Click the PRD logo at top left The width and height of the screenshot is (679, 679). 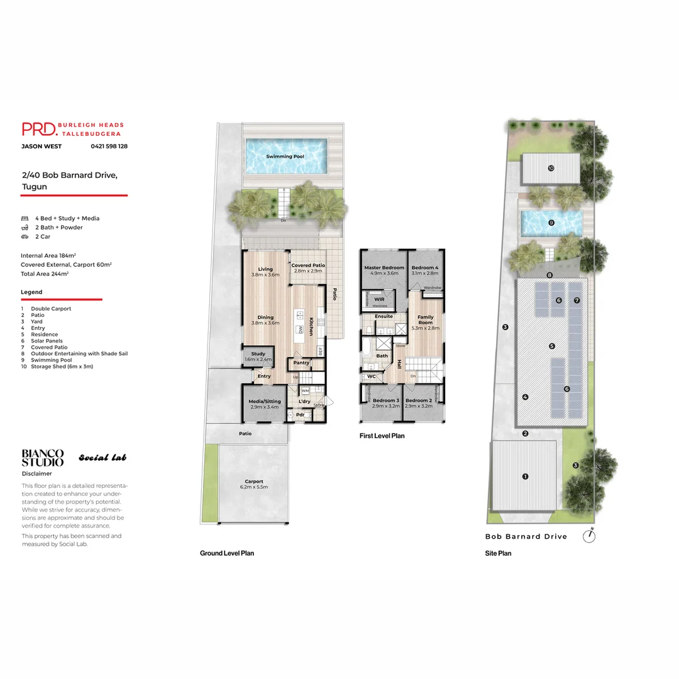pos(39,129)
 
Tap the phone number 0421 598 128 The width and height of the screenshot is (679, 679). pos(109,146)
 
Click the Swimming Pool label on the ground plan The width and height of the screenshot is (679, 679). pos(285,156)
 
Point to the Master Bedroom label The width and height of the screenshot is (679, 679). pos(384,268)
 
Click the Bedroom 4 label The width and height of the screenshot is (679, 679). pos(425,268)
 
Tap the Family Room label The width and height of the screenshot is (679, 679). pos(426,320)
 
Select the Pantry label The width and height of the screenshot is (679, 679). pos(301,363)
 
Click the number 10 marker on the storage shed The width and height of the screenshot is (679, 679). pos(551,168)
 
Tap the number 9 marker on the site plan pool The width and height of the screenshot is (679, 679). pos(551,223)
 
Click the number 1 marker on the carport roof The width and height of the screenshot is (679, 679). pos(526,476)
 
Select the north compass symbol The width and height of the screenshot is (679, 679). pos(589,536)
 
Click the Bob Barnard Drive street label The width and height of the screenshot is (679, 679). pos(526,536)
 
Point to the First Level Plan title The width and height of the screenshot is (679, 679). pos(382,436)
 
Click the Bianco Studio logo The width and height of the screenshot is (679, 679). pos(43,458)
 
